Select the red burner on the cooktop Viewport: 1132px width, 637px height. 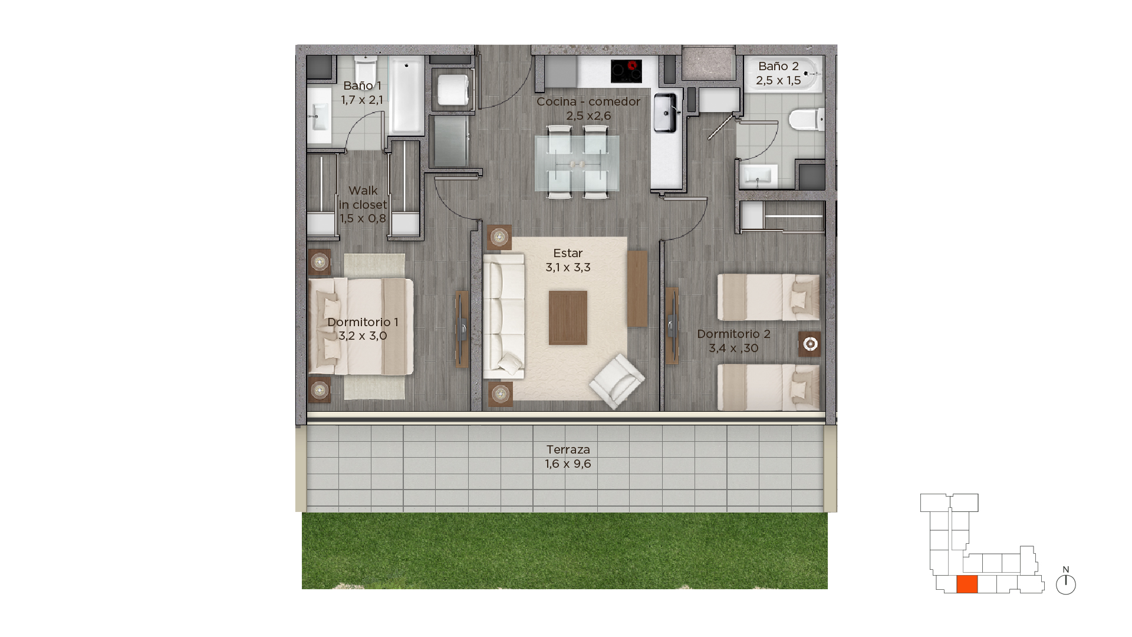coord(633,65)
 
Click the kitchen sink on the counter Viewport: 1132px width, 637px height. coord(665,112)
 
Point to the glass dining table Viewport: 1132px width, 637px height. coord(577,163)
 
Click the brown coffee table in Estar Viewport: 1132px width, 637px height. coord(568,317)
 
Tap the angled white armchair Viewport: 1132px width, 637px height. coord(616,380)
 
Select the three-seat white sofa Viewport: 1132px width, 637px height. coord(504,316)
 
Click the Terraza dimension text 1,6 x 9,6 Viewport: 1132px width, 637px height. coord(568,464)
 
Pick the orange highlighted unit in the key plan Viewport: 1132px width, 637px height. coord(967,584)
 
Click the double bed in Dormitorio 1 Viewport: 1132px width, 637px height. coord(360,326)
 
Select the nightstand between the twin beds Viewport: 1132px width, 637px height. coord(809,344)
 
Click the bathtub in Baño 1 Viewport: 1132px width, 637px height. coord(406,95)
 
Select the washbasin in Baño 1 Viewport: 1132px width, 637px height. coord(318,115)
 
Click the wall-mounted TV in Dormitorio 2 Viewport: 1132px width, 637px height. coord(672,326)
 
